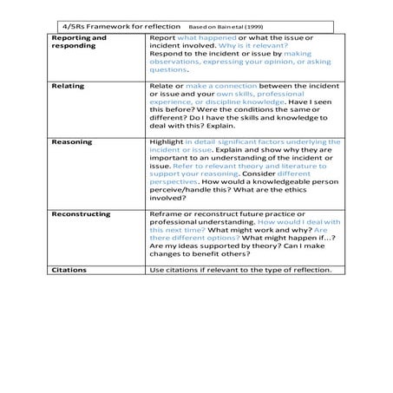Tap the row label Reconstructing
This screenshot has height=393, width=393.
click(x=82, y=213)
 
